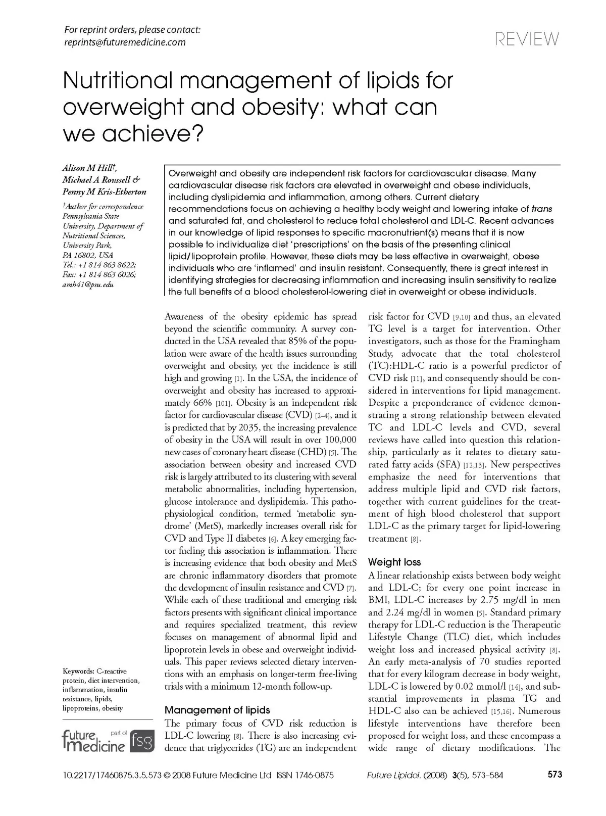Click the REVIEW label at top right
coord(528,39)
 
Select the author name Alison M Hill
coord(89,168)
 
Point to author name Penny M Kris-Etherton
coord(104,192)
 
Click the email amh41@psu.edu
coord(88,284)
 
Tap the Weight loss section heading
coord(394,562)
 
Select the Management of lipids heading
coord(217,710)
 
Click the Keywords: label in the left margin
coord(78,671)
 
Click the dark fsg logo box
coord(142,741)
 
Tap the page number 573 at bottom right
coord(554,775)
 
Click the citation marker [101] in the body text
coord(223,403)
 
